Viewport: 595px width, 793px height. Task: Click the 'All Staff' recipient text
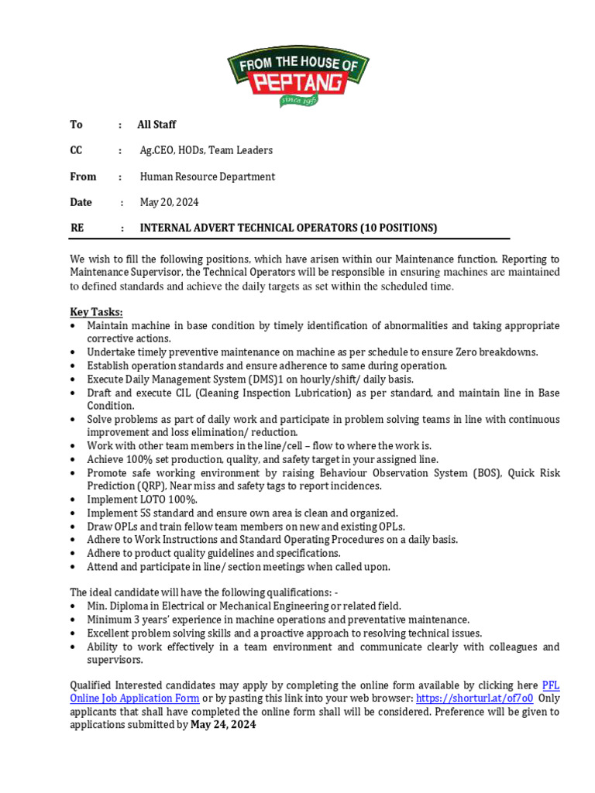[156, 125]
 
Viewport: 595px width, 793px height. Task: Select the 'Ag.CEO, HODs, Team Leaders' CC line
[206, 150]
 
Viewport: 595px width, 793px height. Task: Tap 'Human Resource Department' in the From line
[207, 177]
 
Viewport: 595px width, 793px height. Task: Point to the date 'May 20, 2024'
[169, 202]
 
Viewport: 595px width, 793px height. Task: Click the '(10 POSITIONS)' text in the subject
[399, 228]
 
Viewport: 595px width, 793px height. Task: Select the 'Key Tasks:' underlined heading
[97, 312]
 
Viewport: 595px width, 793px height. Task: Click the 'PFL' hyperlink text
[550, 685]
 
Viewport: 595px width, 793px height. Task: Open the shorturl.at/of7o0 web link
[474, 699]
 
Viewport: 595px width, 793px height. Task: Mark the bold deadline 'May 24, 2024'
[223, 725]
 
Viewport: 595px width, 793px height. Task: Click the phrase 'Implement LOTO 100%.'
[143, 499]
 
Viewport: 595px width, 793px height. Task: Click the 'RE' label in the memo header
[77, 228]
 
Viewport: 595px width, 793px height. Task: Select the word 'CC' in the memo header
[77, 150]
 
